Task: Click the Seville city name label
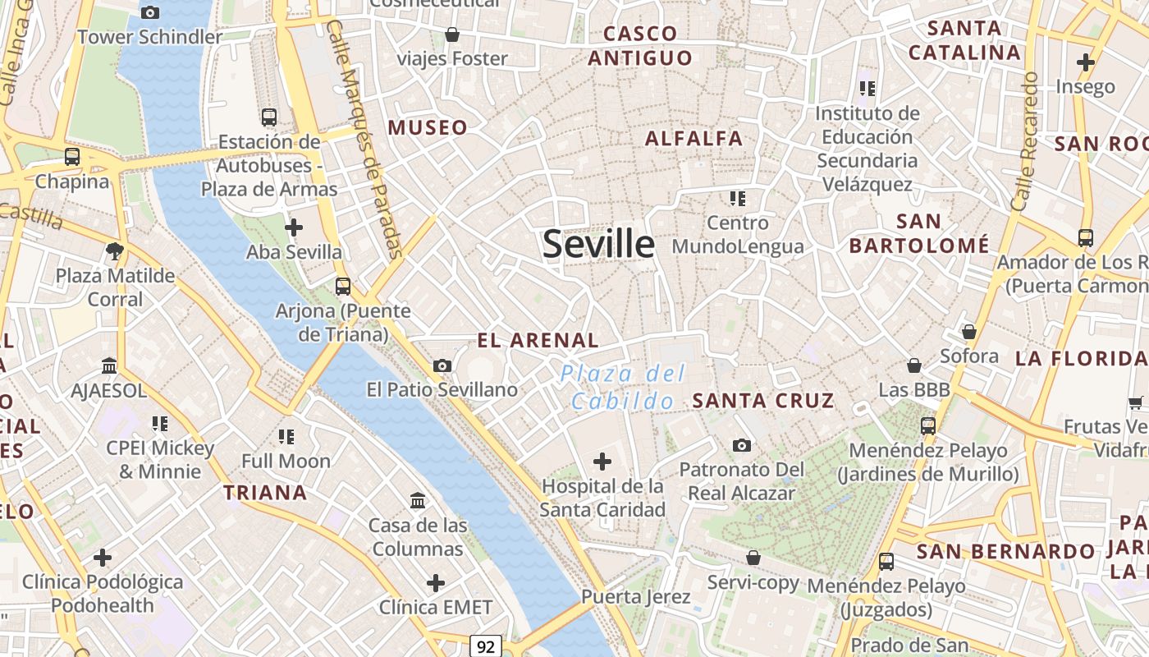click(599, 244)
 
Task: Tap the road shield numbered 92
click(486, 646)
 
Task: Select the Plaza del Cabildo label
click(624, 387)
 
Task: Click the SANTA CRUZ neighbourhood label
click(763, 401)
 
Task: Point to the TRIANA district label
click(266, 493)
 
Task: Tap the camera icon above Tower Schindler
click(150, 12)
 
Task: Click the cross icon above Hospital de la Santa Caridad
click(602, 462)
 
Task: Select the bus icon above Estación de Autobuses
click(268, 117)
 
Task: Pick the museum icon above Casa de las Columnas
click(418, 500)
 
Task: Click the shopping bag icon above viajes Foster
click(451, 34)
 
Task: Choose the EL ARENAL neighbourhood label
click(538, 340)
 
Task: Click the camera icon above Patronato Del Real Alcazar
click(742, 445)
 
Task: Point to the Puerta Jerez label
click(636, 596)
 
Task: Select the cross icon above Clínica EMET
click(436, 583)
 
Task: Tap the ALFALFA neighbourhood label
click(694, 138)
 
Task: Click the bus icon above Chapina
click(72, 157)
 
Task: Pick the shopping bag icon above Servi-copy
click(753, 558)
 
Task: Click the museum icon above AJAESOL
click(109, 365)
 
